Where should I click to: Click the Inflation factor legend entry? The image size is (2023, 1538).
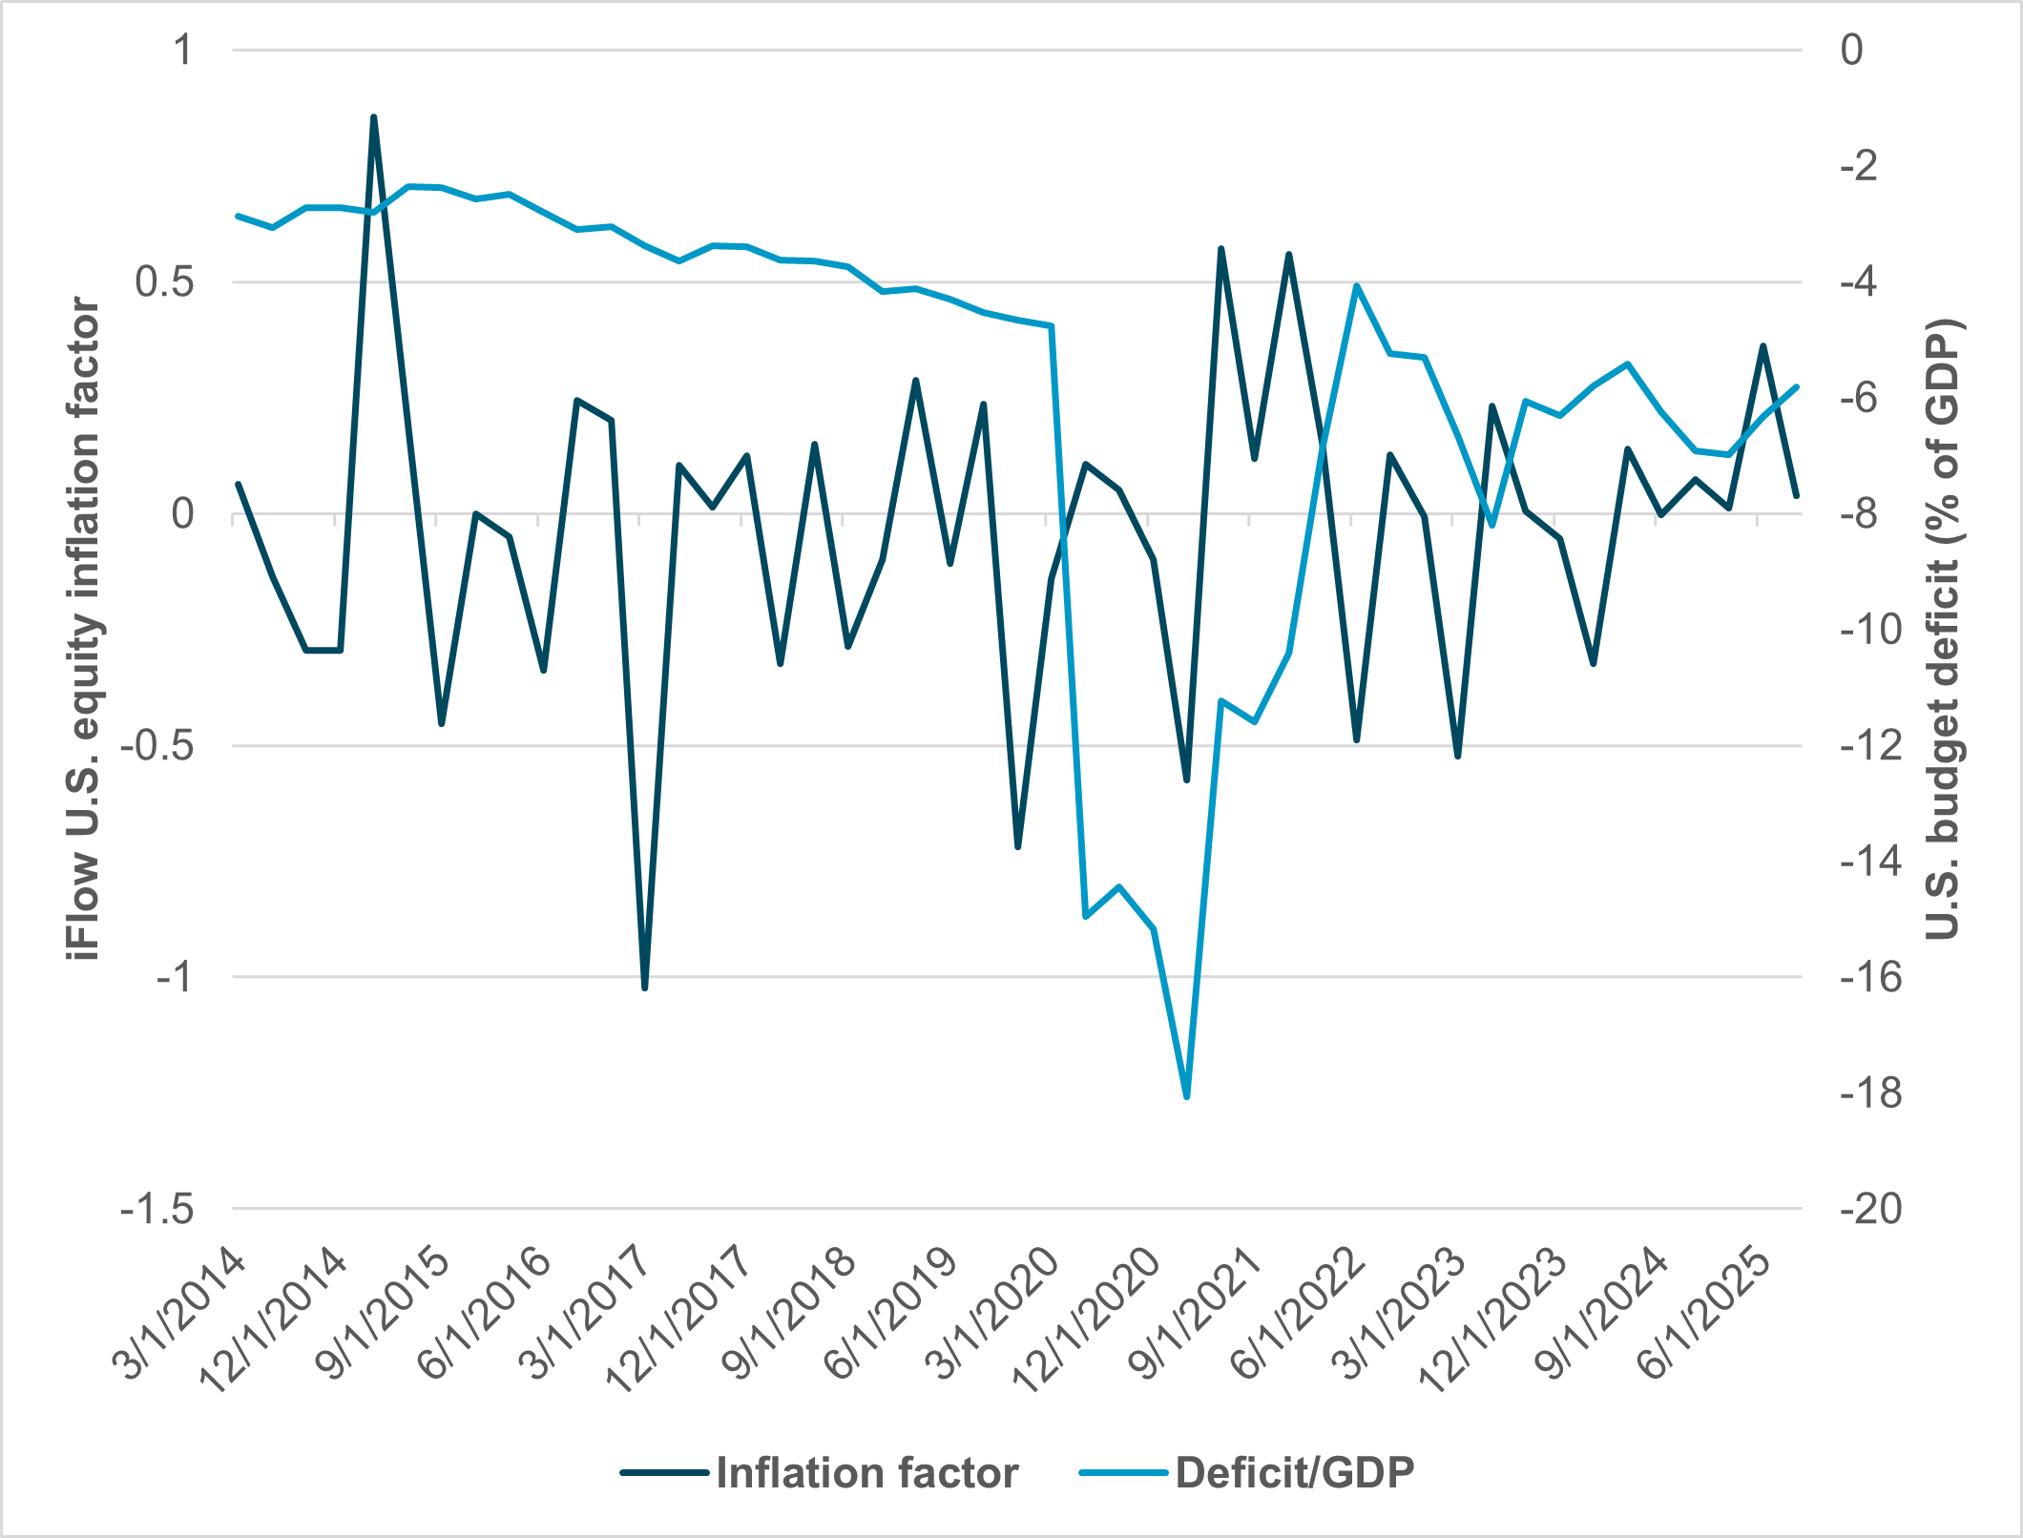coord(866,1473)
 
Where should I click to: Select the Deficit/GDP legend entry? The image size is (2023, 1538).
coord(1294,1473)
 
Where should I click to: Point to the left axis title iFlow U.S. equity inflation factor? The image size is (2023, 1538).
coord(84,630)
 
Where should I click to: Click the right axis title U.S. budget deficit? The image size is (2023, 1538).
coord(1941,630)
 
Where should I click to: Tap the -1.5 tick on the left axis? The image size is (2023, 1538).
coord(157,1210)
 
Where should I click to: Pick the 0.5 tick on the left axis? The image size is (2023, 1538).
coord(164,282)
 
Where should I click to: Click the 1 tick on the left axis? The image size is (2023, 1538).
coord(182,51)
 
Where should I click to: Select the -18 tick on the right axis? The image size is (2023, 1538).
coord(1870,1093)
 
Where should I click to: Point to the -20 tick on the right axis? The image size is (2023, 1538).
coord(1870,1210)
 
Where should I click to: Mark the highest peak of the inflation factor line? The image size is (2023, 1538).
coord(373,117)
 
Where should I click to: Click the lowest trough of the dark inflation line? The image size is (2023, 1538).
coord(645,987)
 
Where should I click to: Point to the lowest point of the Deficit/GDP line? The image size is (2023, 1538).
coord(1186,1097)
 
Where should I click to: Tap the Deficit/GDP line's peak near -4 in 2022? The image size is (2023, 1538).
coord(1356,285)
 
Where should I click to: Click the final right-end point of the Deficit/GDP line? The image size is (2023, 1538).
coord(1797,386)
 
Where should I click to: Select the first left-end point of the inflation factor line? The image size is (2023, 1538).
coord(239,485)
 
